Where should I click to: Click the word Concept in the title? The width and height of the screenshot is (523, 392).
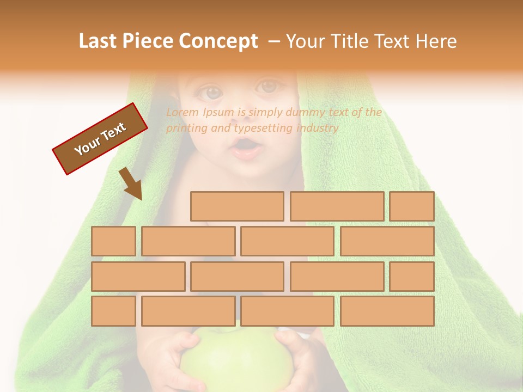pos(218,41)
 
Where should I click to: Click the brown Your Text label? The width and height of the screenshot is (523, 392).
pos(100,139)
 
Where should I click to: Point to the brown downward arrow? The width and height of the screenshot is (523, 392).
pos(131,183)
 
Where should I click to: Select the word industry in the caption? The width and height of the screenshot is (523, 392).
pos(318,128)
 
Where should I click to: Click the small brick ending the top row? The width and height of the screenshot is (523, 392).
pos(412,206)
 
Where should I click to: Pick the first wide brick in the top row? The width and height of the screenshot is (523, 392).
pos(237,206)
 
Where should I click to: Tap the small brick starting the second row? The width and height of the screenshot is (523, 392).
pos(113,241)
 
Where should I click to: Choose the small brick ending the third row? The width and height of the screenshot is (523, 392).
pos(412,276)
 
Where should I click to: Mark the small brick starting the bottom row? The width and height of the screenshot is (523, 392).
pos(113,311)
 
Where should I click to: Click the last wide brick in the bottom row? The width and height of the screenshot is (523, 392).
pos(387,311)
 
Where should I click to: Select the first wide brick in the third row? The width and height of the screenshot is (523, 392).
pos(138,276)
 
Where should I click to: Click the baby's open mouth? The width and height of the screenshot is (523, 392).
pos(247,148)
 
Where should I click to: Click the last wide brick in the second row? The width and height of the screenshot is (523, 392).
pos(387,241)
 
